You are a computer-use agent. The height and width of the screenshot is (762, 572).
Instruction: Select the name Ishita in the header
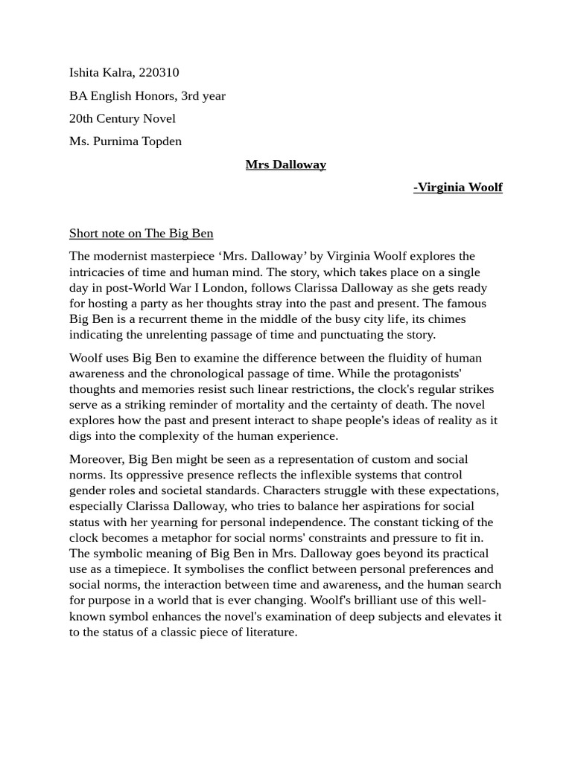86,73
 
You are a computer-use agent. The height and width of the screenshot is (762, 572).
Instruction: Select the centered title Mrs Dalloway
286,164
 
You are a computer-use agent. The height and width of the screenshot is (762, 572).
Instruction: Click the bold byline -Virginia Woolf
458,188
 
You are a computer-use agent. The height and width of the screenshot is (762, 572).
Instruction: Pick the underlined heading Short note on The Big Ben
142,234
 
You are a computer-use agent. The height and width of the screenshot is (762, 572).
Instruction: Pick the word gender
88,490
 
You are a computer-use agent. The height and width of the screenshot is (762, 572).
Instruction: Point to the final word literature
270,633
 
